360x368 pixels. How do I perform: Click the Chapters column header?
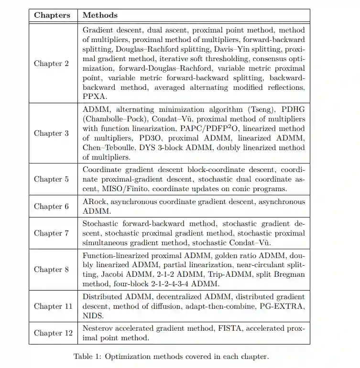coord(52,15)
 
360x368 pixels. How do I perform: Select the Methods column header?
coord(100,15)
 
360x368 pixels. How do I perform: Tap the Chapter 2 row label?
coord(51,64)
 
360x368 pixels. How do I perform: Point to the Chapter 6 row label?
coord(51,206)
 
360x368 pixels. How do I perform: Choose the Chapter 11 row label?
coord(53,306)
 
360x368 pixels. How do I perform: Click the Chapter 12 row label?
coord(53,333)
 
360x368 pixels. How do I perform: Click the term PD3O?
coord(142,139)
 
